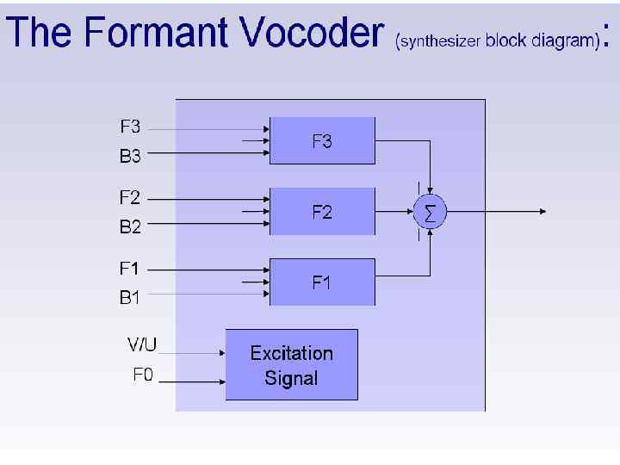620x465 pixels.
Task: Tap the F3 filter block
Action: coord(322,141)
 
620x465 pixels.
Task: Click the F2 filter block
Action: coord(322,211)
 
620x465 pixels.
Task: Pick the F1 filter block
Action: coord(322,282)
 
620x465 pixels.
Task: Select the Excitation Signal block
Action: coord(291,365)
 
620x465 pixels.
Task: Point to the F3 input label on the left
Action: coord(130,127)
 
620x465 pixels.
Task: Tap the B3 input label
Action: coord(130,157)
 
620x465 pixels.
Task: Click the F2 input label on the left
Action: coord(130,197)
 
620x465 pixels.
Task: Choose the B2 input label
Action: coord(130,227)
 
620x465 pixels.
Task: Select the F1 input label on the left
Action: coord(130,268)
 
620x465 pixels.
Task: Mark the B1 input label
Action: coord(130,298)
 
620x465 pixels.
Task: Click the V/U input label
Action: coord(143,345)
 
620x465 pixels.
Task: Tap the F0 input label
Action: coord(143,375)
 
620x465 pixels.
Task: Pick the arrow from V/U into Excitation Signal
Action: coord(194,353)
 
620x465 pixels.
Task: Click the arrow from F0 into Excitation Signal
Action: coord(194,381)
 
